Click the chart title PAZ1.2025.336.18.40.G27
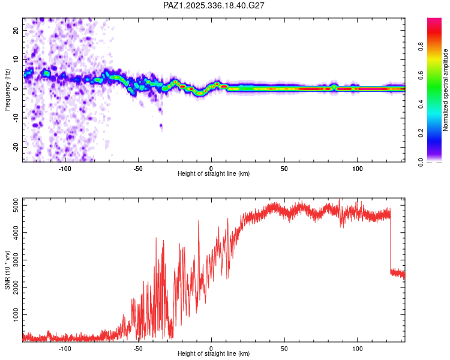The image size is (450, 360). pyautogui.click(x=214, y=5)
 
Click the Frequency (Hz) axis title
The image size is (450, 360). pyautogui.click(x=7, y=90)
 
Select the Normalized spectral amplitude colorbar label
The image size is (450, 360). pyautogui.click(x=446, y=90)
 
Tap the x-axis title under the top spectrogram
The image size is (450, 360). pyautogui.click(x=214, y=174)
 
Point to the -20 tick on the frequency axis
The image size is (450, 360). pyautogui.click(x=16, y=147)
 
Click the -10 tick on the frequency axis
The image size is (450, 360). pyautogui.click(x=16, y=118)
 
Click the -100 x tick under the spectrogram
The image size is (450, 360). pyautogui.click(x=65, y=167)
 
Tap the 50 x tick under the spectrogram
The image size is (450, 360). pyautogui.click(x=284, y=167)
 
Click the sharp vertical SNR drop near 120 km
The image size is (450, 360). pyautogui.click(x=391, y=246)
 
